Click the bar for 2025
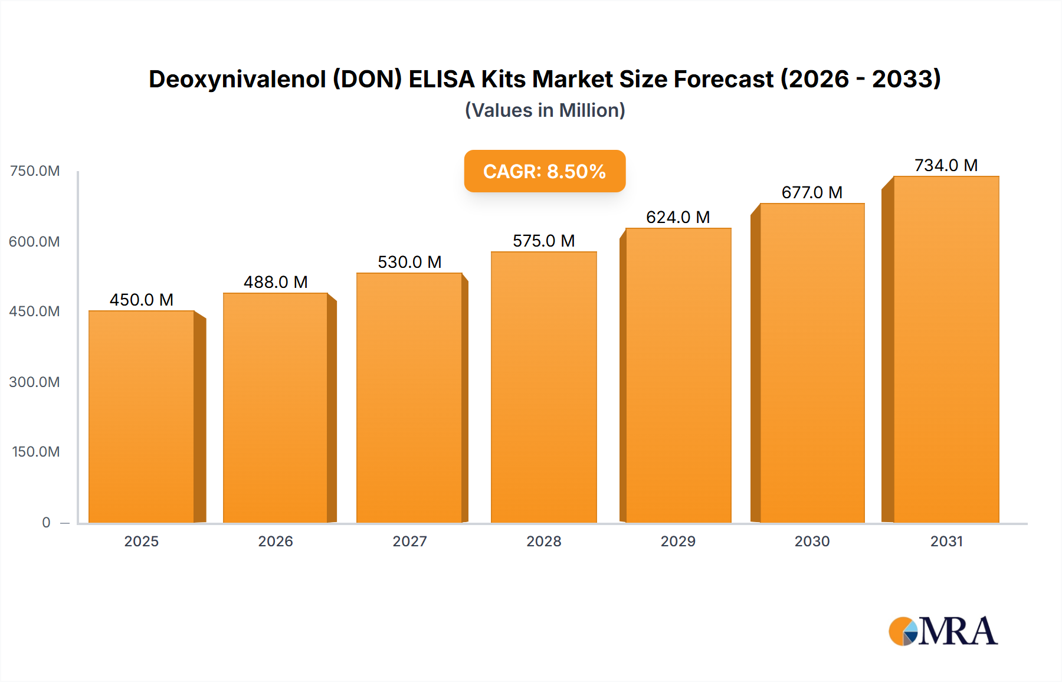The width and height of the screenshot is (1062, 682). [142, 417]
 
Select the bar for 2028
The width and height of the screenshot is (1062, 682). [543, 387]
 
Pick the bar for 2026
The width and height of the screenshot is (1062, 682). [276, 408]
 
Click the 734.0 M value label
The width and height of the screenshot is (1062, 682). [946, 165]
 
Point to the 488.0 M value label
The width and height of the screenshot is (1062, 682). [276, 282]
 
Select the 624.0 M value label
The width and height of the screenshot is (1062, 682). [678, 217]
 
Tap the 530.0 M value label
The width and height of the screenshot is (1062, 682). [409, 262]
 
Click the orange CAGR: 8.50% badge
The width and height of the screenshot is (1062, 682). [545, 171]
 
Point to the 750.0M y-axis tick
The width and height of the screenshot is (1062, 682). [35, 171]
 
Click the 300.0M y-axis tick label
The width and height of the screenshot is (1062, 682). [35, 382]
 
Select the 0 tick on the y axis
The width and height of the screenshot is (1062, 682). [46, 522]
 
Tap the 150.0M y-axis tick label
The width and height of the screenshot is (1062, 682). [36, 452]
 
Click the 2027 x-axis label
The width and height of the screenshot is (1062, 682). [409, 541]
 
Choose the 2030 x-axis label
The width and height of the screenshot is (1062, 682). [812, 541]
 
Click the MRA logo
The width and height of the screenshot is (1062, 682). [943, 631]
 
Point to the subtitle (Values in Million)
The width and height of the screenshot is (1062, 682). [545, 110]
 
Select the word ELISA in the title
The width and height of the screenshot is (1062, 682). [442, 79]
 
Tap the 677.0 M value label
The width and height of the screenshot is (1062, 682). [812, 192]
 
